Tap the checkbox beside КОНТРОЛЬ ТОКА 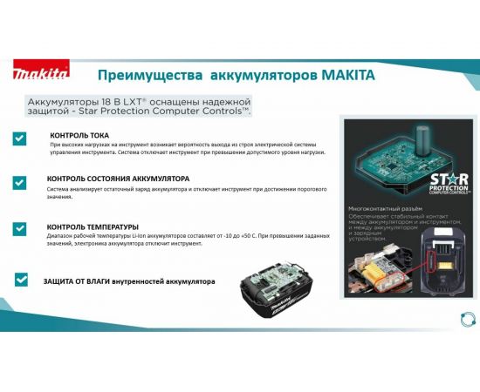tap(19, 139)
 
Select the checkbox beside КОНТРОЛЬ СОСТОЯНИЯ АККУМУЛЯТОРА tap(19, 182)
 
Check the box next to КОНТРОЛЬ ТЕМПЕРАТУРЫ tap(19, 228)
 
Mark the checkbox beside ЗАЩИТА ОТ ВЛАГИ tap(22, 280)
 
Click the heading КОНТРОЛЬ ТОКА tap(79, 135)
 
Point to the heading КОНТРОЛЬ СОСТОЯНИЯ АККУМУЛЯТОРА tap(117, 179)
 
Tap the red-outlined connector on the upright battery tap(441, 258)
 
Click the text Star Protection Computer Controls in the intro tap(180, 112)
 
